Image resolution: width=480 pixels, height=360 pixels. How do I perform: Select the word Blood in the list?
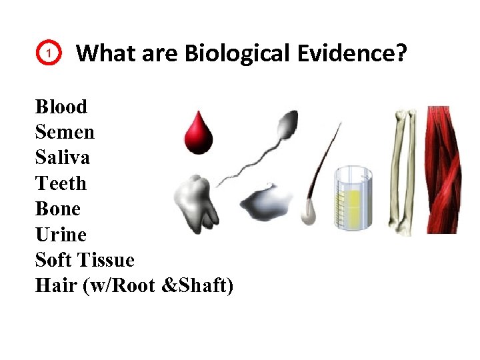(61, 107)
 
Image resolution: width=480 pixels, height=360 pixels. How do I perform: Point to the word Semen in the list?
(65, 132)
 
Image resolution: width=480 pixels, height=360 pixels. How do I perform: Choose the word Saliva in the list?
(63, 158)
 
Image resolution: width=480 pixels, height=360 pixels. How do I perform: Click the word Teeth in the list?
(61, 183)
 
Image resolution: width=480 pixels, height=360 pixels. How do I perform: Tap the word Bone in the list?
(57, 209)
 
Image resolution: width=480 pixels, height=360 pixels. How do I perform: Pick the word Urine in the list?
(61, 235)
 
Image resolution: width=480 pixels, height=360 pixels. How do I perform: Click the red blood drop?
(199, 132)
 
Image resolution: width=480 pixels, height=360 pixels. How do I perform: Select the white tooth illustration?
(196, 201)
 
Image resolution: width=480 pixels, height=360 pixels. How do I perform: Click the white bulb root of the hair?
(307, 211)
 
